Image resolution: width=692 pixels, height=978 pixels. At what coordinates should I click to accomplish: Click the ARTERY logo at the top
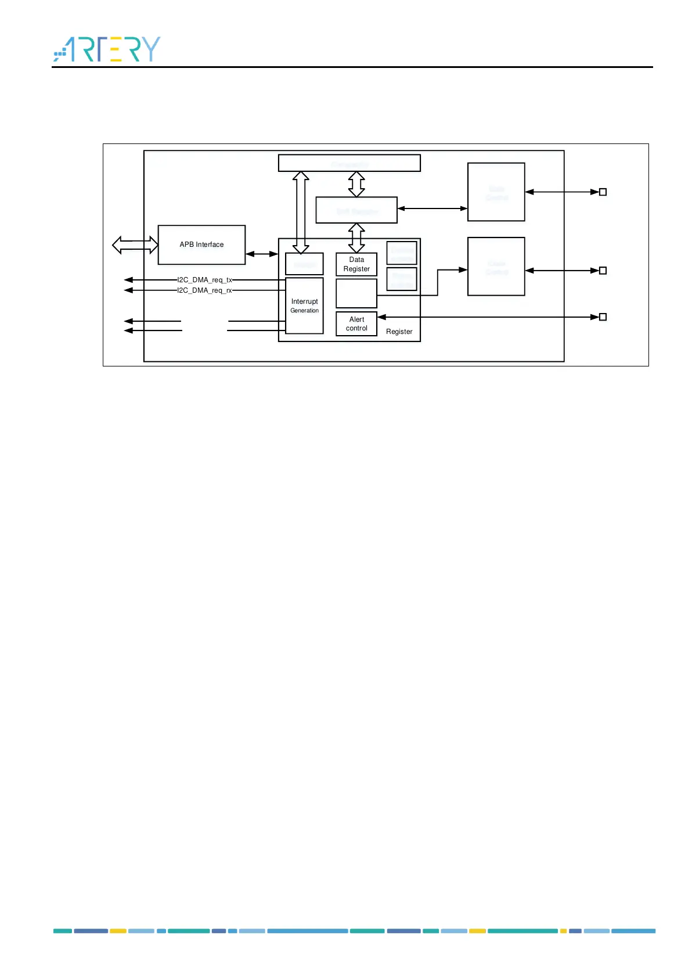coord(107,49)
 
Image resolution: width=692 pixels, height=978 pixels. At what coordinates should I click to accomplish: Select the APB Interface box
coord(201,245)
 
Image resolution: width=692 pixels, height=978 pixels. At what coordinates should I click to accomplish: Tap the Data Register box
coord(356,264)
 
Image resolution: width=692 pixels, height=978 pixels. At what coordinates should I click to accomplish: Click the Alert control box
coord(356,323)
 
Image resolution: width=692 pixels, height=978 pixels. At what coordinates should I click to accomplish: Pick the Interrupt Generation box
coord(304,305)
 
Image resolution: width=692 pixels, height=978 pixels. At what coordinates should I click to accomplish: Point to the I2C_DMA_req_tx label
coord(204,280)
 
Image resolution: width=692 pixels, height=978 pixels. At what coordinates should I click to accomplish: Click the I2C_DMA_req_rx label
coord(204,290)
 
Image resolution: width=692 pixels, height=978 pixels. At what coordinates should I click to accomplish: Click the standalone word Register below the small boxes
coord(399,332)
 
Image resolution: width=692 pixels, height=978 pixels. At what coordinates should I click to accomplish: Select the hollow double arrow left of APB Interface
coord(135,245)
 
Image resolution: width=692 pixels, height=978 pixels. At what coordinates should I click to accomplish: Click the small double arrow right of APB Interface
coord(262,254)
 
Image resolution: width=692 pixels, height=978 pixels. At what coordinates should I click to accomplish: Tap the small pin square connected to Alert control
coord(603,317)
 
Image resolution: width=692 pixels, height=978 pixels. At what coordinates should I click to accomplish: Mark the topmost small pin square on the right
coord(603,192)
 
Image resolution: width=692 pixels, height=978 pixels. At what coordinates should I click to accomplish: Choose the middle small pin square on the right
coord(603,271)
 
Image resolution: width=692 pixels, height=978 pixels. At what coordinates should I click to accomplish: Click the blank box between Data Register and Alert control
coord(356,293)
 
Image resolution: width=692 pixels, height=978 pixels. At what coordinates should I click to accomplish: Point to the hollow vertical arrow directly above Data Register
coord(356,238)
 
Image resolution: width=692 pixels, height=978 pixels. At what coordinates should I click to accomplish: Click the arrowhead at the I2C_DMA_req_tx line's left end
coord(128,280)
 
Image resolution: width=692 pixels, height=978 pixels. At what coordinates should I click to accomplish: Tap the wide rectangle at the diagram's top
coord(349,163)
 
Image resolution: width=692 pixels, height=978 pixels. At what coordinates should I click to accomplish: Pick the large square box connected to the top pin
coord(496,192)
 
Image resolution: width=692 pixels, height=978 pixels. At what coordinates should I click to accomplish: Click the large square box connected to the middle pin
coord(496,267)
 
